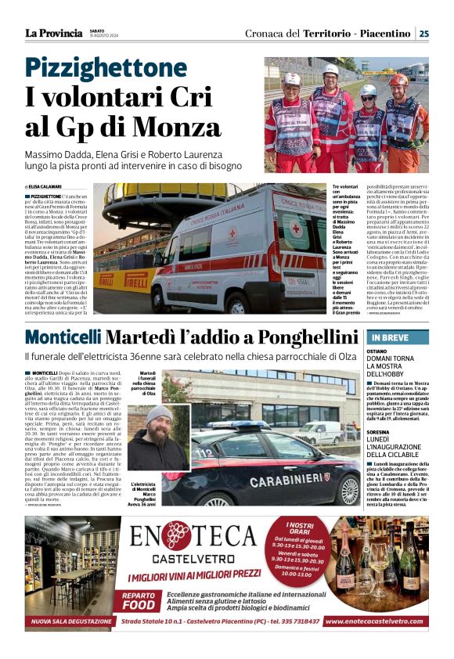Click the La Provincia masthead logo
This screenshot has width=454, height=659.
point(53,33)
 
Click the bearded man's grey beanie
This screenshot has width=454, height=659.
point(159,412)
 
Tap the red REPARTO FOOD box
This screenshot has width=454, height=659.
point(138,600)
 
